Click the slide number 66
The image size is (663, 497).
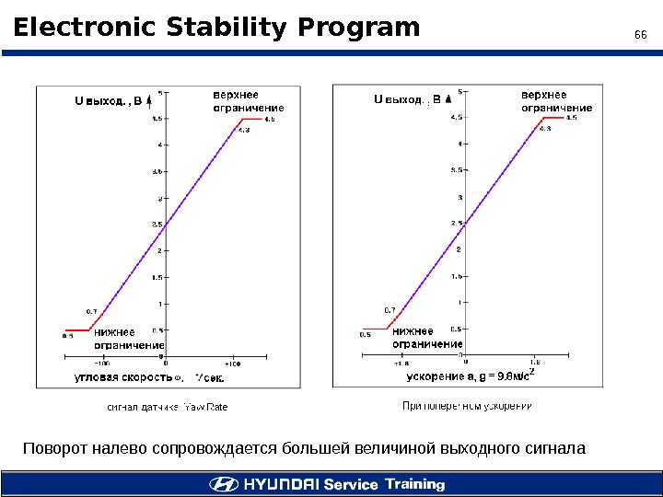pos(642,35)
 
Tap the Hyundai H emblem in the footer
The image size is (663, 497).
pos(223,484)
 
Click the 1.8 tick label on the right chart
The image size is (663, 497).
pos(536,364)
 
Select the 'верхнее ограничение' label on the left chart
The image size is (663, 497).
pos(248,101)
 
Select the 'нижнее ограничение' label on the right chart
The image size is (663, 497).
pos(426,338)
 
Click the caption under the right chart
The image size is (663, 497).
pos(469,405)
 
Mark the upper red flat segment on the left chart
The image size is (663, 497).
pos(251,119)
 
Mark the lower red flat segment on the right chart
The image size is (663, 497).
pos(376,329)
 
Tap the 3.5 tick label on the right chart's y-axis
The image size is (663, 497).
pos(455,170)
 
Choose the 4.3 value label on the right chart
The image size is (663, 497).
pos(545,129)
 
